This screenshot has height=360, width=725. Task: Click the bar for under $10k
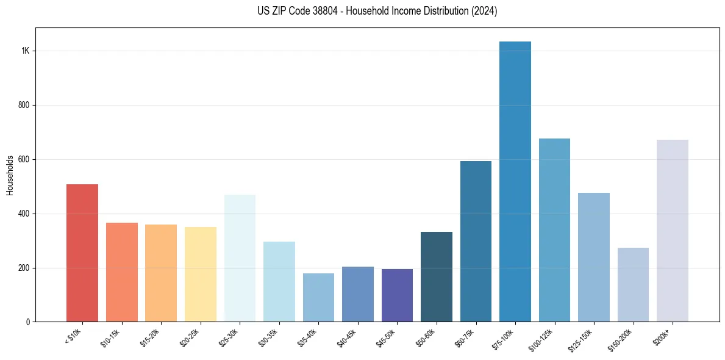(x=82, y=253)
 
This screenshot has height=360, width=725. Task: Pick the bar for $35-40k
(x=318, y=297)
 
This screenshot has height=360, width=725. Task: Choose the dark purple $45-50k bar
(x=397, y=295)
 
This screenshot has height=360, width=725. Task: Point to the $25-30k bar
(x=240, y=258)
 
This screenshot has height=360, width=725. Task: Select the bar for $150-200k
(x=633, y=284)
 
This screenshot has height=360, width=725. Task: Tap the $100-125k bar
(x=554, y=230)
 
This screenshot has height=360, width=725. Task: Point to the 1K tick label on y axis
(x=25, y=51)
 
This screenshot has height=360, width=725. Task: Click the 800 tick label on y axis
(x=24, y=105)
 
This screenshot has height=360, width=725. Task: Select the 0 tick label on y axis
(x=27, y=322)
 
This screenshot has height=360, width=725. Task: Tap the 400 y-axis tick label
(x=24, y=214)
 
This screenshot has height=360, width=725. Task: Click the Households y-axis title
(x=10, y=175)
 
